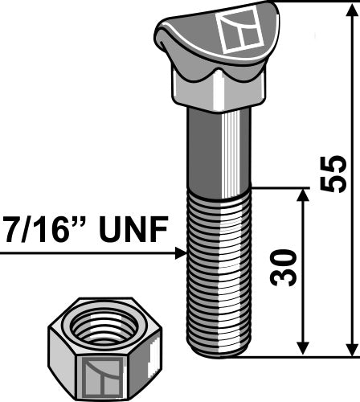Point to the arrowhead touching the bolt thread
[180, 255]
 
